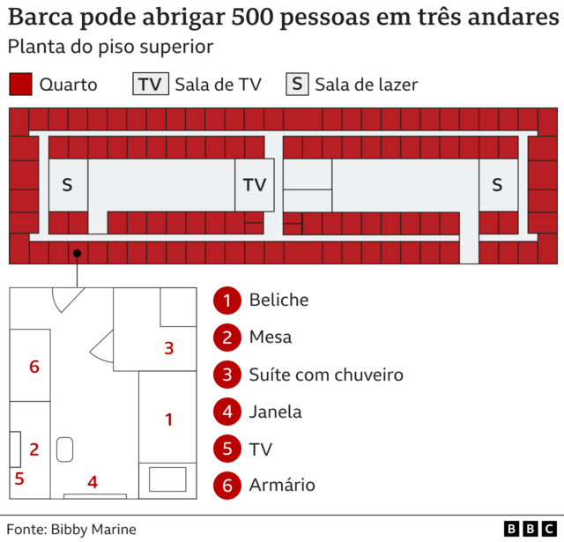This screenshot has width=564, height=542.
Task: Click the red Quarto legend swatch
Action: [21, 85]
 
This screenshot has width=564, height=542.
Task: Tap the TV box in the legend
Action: [150, 85]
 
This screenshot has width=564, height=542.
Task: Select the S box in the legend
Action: [297, 85]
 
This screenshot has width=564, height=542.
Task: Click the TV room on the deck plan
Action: [255, 185]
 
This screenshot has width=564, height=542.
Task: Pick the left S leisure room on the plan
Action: [67, 185]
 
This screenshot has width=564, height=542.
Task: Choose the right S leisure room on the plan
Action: [497, 185]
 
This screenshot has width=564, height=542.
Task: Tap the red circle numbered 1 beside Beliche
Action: [227, 301]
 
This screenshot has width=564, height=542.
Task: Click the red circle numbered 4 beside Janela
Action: [227, 412]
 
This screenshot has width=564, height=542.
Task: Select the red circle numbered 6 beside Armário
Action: [227, 485]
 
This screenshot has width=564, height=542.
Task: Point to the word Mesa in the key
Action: [271, 338]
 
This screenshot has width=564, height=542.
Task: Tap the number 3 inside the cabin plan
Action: [169, 348]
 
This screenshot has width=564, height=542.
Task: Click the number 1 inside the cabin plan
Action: [169, 419]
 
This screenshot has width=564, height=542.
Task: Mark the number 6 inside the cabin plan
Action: [34, 367]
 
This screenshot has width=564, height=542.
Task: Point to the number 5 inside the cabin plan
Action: [19, 479]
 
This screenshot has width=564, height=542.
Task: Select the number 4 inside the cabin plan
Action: [93, 482]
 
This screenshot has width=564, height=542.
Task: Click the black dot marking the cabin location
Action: [78, 253]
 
